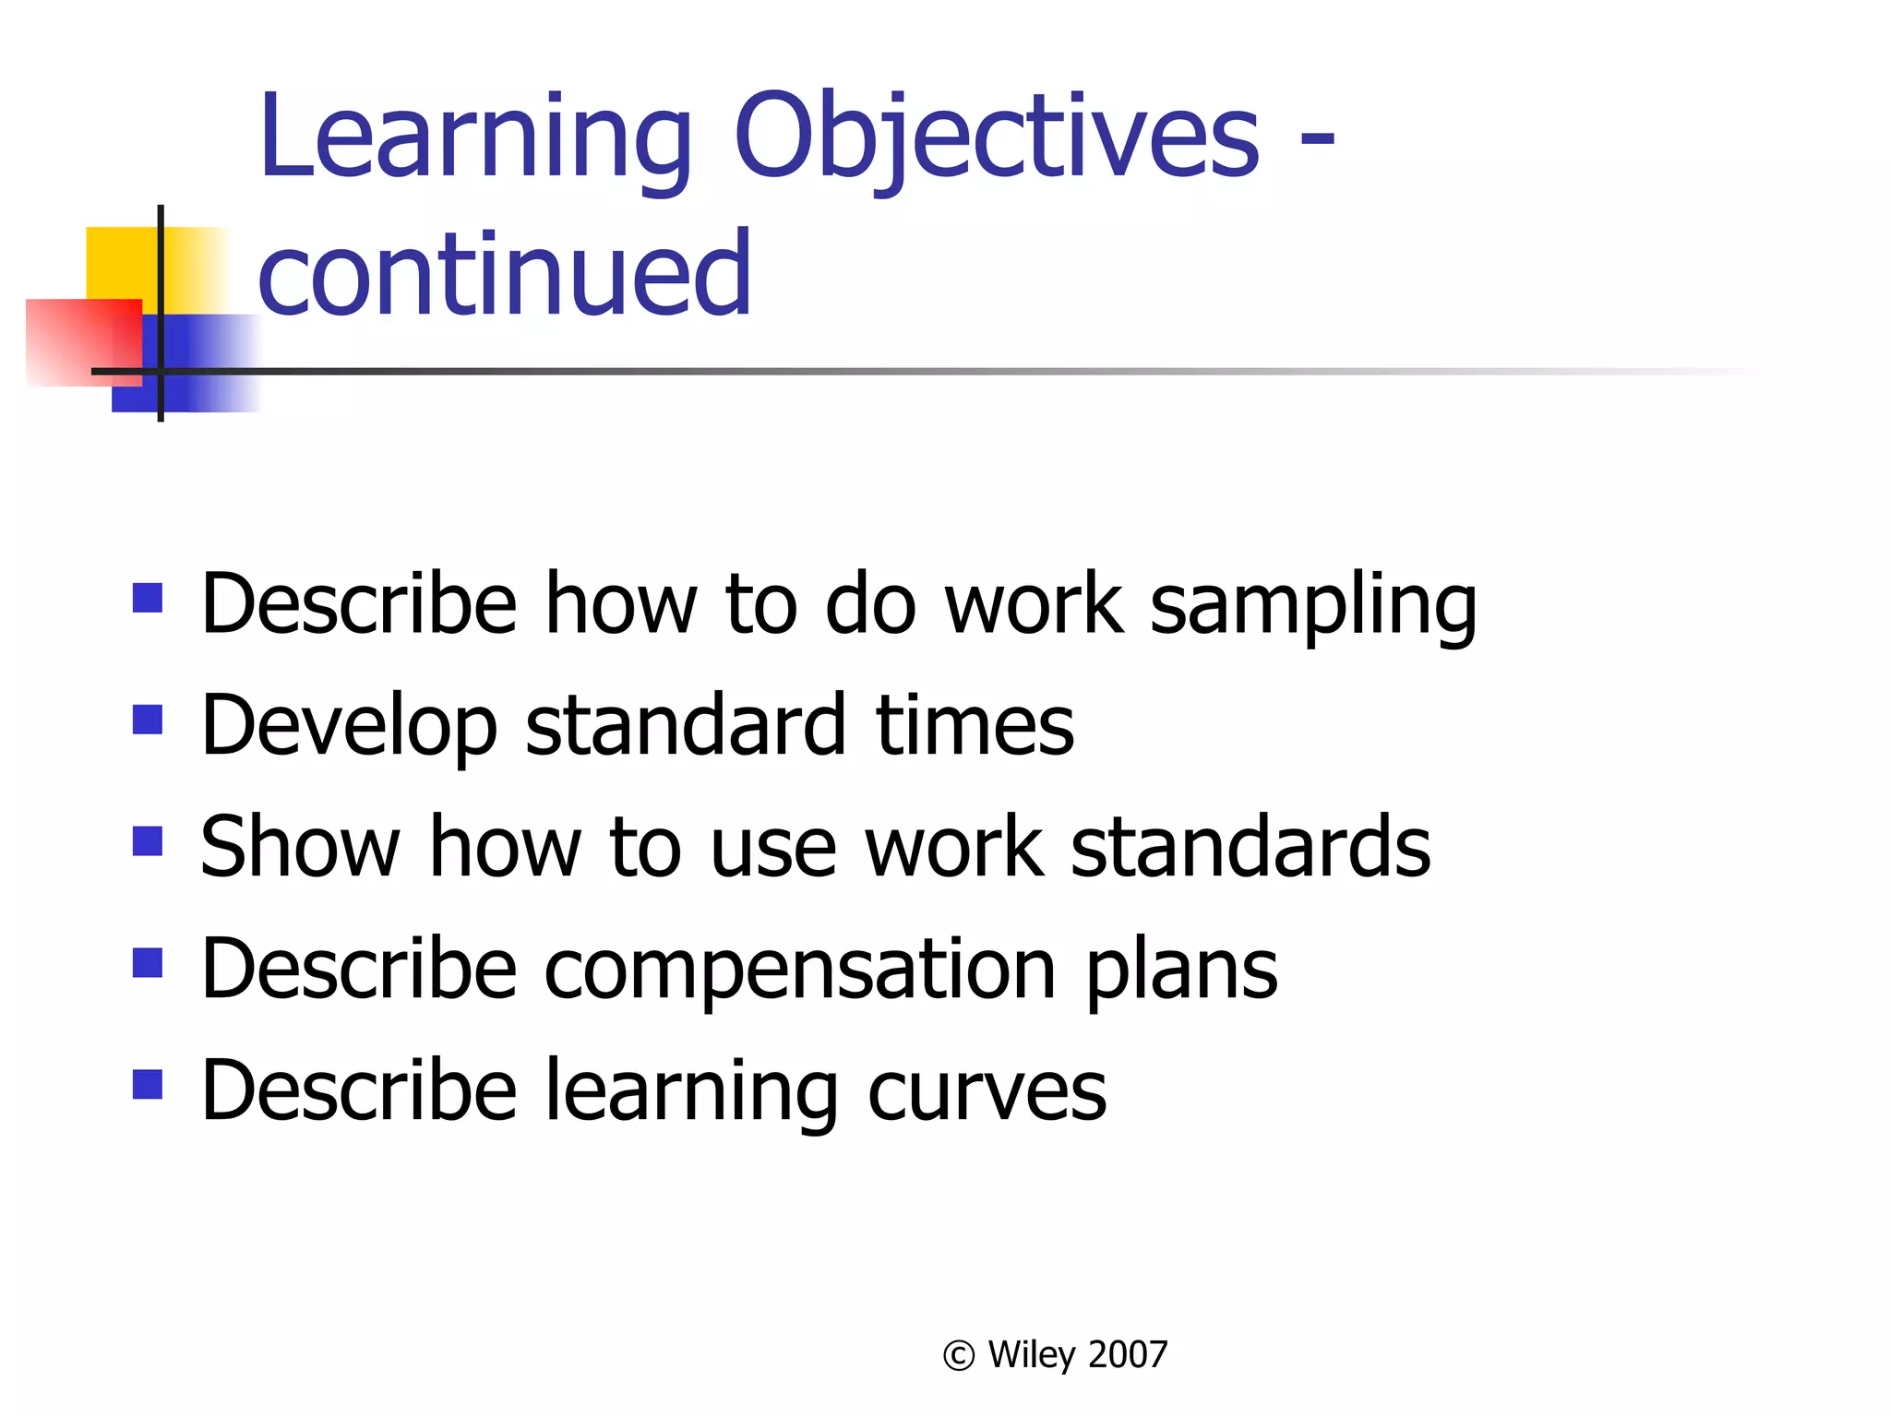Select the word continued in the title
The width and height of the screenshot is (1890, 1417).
[505, 274]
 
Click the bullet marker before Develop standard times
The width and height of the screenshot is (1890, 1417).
[148, 720]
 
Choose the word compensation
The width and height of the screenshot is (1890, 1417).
[800, 970]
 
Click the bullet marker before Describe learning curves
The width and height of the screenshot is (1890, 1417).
[148, 1085]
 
